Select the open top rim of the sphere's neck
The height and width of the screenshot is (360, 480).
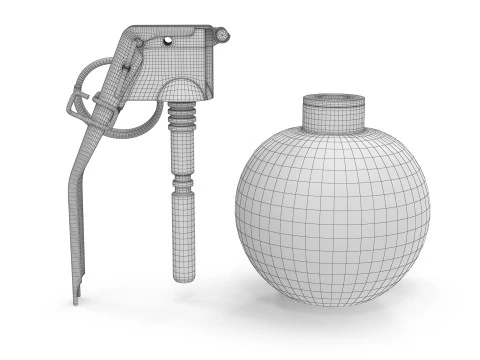(x=333, y=100)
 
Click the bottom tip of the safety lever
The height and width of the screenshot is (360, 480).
(x=76, y=298)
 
